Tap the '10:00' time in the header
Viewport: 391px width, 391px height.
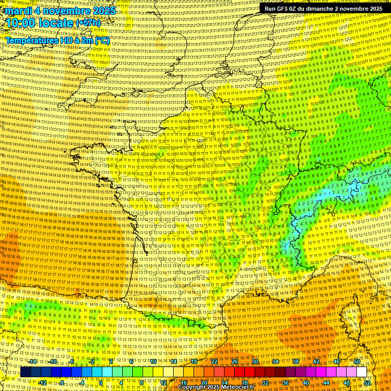coord(21,23)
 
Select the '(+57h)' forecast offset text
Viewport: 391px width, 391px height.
coord(88,23)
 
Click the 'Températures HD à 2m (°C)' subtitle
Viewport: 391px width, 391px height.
coord(57,40)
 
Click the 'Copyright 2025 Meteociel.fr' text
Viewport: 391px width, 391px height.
coord(216,387)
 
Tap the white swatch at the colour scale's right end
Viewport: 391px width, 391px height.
coord(361,372)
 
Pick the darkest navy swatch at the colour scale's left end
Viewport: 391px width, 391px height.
coord(26,372)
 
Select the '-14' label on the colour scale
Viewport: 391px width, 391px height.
coord(33,361)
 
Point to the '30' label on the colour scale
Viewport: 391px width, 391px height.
coord(255,361)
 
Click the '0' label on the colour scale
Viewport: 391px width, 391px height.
coord(101,382)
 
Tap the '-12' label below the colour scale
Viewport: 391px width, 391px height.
coord(42,382)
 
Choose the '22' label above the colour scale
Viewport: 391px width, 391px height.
coord(214,361)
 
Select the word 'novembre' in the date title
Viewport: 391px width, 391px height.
coord(67,11)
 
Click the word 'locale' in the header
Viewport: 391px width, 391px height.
coord(54,23)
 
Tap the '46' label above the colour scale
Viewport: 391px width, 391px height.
coord(337,361)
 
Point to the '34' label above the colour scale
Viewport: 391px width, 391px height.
coord(275,361)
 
